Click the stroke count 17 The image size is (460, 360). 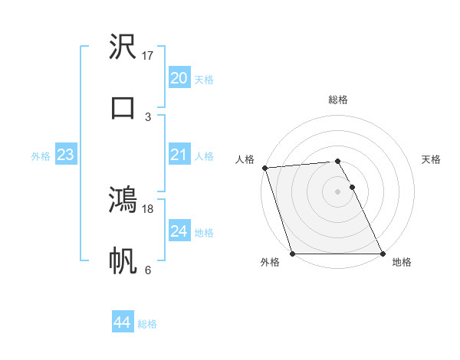tap(149, 55)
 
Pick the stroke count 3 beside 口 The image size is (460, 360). tap(148, 116)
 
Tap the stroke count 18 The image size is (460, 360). tap(149, 208)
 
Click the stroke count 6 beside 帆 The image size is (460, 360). tap(148, 270)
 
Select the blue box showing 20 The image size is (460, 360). tap(179, 78)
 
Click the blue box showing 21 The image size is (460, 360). tap(179, 155)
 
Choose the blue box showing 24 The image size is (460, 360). tap(179, 231)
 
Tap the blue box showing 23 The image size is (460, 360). tap(65, 155)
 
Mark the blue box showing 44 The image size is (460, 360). tap(122, 323)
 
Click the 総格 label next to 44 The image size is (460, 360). tap(147, 324)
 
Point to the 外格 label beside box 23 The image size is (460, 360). tap(41, 156)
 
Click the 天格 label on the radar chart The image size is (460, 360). tap(432, 159)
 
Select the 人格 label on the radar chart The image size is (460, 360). tap(245, 159)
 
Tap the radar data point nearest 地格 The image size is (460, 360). tap(383, 254)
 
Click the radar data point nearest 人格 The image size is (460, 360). tap(264, 168)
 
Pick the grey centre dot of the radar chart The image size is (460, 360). tap(337, 191)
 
